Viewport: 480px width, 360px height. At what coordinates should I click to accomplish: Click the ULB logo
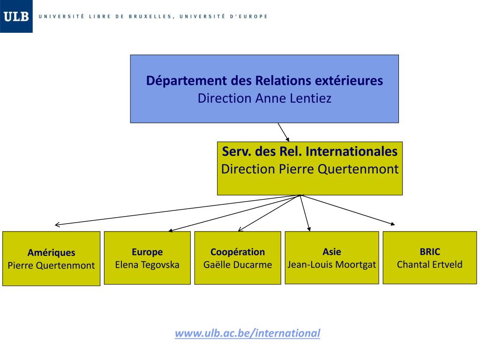pyautogui.click(x=16, y=16)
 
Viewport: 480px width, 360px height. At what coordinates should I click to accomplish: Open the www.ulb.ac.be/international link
pyautogui.click(x=247, y=333)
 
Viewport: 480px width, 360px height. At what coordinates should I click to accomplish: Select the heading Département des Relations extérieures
pyautogui.click(x=264, y=81)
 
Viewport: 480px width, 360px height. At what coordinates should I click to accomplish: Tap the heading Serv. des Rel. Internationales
pyautogui.click(x=309, y=151)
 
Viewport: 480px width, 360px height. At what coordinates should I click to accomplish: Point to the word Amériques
pyautogui.click(x=51, y=253)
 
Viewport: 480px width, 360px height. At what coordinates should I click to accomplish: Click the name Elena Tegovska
pyautogui.click(x=147, y=264)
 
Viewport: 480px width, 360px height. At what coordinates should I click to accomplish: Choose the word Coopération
pyautogui.click(x=238, y=252)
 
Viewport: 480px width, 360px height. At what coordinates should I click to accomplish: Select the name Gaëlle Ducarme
pyautogui.click(x=238, y=264)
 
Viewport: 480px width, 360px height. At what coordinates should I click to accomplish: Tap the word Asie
pyautogui.click(x=332, y=252)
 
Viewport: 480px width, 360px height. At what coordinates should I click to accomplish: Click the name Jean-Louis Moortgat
pyautogui.click(x=332, y=264)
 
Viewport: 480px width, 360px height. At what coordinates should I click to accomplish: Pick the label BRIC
pyautogui.click(x=430, y=252)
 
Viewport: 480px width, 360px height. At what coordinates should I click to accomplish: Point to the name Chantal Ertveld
pyautogui.click(x=430, y=264)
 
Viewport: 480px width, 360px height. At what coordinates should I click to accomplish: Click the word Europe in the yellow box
pyautogui.click(x=147, y=252)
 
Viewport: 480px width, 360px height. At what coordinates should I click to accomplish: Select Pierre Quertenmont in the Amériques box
pyautogui.click(x=51, y=265)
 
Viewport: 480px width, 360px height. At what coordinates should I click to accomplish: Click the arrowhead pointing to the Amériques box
pyautogui.click(x=57, y=225)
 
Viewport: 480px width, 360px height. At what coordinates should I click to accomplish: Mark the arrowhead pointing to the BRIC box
pyautogui.click(x=392, y=224)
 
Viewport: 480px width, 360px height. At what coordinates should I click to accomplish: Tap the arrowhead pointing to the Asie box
pyautogui.click(x=308, y=229)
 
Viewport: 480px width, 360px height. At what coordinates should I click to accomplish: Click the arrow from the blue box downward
pyautogui.click(x=284, y=132)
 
